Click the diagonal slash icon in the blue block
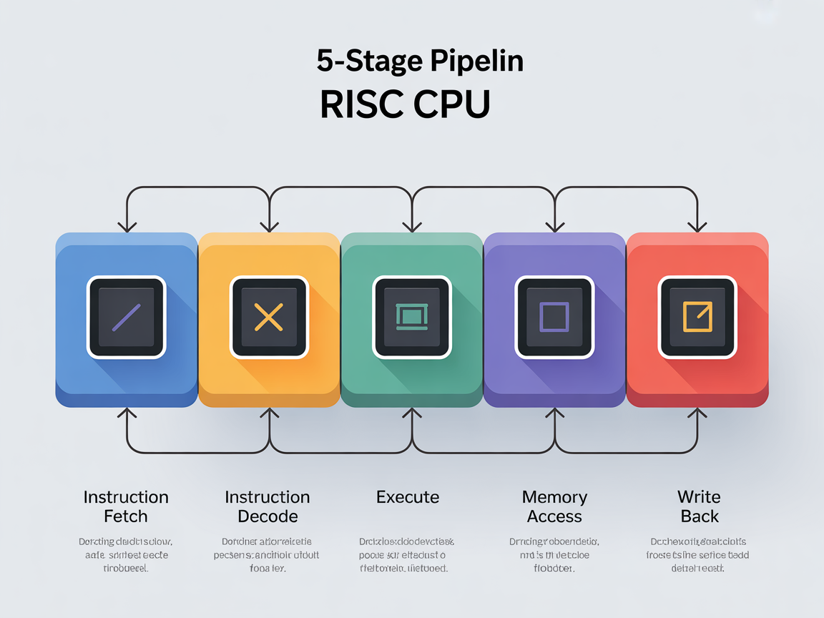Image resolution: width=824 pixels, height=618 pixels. pos(126,317)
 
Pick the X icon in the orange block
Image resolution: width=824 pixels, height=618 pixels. pos(269,317)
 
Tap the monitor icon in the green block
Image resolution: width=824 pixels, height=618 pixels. pos(412,317)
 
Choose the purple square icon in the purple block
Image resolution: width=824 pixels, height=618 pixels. pos(554,317)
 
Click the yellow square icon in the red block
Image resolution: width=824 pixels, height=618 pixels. pos(697,317)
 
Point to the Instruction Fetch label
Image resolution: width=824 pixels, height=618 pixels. pos(126,506)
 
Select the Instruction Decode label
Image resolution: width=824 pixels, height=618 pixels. pos(268,506)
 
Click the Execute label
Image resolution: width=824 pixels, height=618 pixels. pos(408,497)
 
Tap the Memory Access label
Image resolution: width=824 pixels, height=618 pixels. pos(554,506)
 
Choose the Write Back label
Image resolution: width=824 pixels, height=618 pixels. pos(700,506)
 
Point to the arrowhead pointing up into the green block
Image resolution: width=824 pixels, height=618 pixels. pos(412,413)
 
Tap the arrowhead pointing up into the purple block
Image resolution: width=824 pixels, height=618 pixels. pos(555,413)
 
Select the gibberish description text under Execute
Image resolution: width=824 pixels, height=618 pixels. pos(407,555)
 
